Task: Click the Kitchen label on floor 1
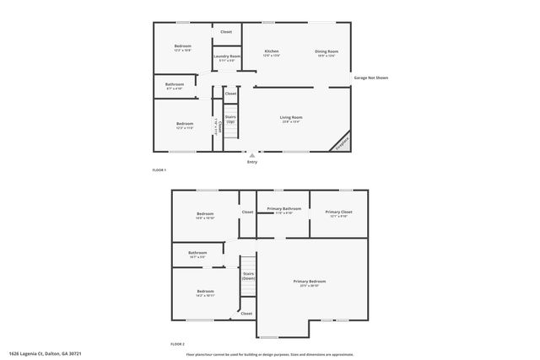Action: point(272,51)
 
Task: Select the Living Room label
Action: point(291,117)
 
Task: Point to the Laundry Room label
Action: point(227,56)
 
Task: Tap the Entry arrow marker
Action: point(251,155)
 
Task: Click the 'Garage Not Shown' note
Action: point(371,78)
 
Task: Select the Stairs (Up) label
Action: point(230,120)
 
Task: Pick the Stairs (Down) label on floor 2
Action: point(249,276)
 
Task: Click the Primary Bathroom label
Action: point(284,208)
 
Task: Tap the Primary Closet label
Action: point(338,212)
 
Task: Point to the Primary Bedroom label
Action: point(310,281)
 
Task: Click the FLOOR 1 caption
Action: point(159,170)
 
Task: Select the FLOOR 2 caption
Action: point(177,344)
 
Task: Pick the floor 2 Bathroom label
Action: point(197,252)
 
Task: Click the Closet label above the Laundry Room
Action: point(226,32)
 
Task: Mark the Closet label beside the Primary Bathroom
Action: point(247,212)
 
